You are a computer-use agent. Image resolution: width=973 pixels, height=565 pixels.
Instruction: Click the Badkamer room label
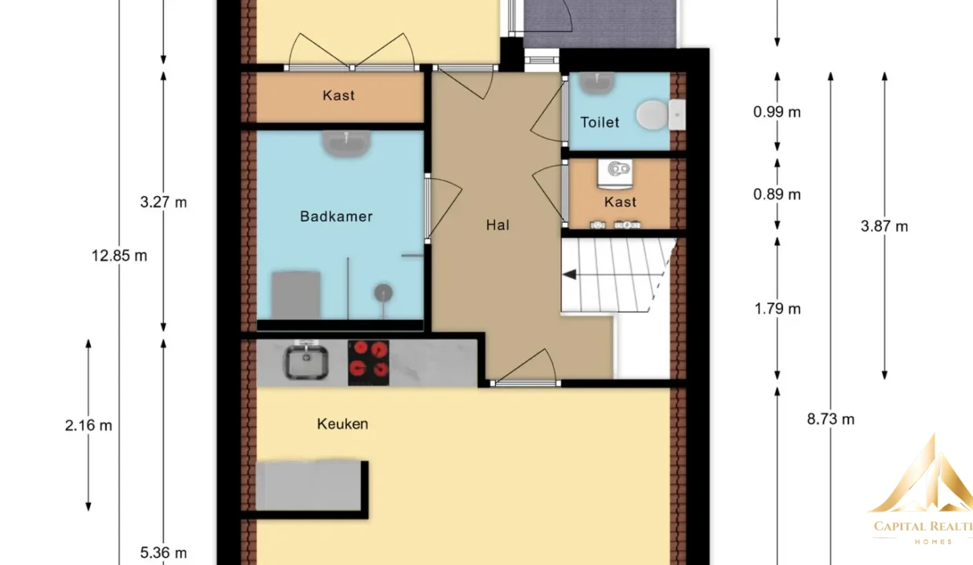click(x=336, y=217)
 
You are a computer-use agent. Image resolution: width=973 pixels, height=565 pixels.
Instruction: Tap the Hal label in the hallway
click(x=497, y=225)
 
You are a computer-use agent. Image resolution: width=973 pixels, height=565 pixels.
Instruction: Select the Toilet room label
click(x=599, y=122)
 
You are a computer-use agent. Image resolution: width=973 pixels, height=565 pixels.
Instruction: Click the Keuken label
click(x=342, y=424)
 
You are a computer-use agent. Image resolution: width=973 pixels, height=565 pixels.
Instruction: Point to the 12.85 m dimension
click(x=119, y=256)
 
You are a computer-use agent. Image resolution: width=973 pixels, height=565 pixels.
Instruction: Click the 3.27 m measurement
click(x=163, y=202)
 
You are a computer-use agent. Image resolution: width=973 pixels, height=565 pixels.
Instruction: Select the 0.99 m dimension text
click(x=777, y=112)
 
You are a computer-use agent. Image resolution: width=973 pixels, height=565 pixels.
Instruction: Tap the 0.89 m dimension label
click(x=777, y=195)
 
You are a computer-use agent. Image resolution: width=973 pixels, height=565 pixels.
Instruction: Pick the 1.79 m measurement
click(x=778, y=308)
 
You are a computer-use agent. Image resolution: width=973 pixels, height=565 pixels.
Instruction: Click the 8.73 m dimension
click(x=830, y=419)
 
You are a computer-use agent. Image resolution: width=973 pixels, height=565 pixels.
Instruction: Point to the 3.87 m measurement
click(x=884, y=226)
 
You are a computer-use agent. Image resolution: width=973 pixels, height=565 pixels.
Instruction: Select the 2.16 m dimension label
click(x=89, y=425)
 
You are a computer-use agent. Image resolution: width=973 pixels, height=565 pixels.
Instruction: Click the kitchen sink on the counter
click(x=306, y=362)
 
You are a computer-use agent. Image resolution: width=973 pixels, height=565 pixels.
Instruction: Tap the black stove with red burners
click(x=368, y=363)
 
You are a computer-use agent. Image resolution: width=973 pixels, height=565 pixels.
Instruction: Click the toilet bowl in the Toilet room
click(x=652, y=115)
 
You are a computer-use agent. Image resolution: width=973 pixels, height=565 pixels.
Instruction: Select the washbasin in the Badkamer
click(x=346, y=144)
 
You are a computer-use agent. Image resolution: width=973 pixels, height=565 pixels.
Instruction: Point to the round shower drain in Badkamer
click(x=383, y=293)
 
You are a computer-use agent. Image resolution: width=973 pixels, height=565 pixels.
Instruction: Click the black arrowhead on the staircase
click(x=570, y=275)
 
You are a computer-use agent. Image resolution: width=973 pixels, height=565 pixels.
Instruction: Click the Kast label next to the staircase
click(x=620, y=202)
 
